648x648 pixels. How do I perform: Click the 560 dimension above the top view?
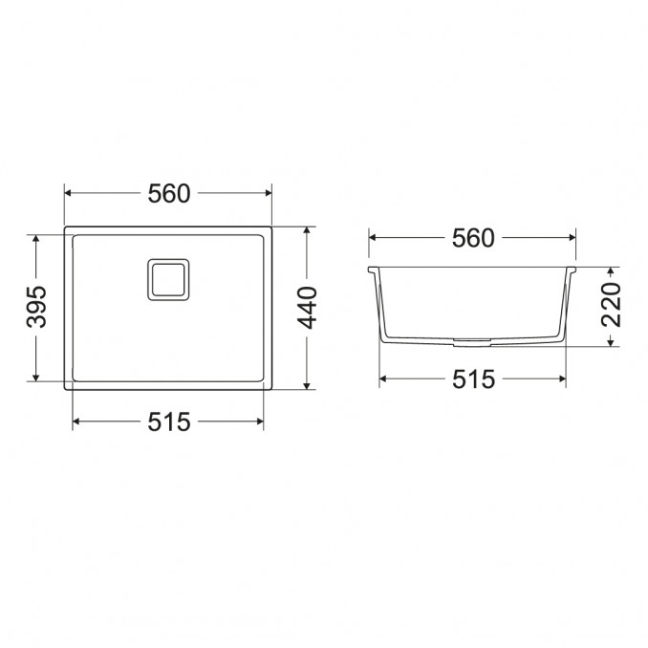click(x=169, y=193)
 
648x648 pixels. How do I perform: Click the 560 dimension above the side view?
click(x=473, y=238)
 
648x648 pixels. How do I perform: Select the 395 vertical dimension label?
click(x=36, y=307)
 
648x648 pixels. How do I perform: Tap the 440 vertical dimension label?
click(x=308, y=308)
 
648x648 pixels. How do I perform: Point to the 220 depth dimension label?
click(x=612, y=305)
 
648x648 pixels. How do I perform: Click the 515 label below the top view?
click(x=169, y=421)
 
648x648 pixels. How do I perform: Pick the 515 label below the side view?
click(x=473, y=379)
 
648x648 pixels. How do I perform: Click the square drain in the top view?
click(x=168, y=279)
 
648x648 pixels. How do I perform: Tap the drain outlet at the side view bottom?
click(x=472, y=342)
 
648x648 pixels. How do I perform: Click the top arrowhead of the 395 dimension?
click(x=36, y=238)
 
